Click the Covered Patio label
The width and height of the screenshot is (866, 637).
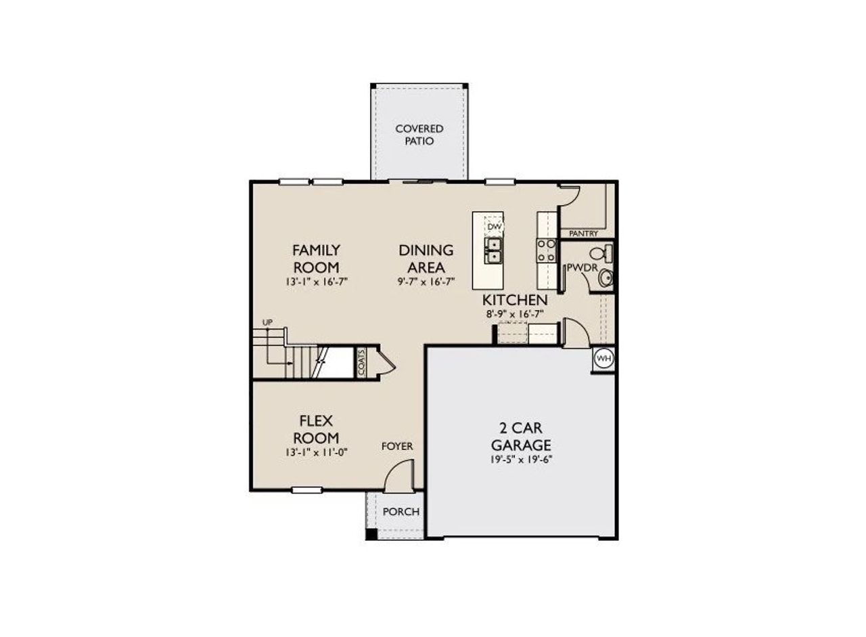pyautogui.click(x=419, y=135)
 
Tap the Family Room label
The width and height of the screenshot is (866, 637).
pyautogui.click(x=316, y=258)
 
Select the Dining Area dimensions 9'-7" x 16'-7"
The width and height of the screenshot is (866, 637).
pyautogui.click(x=426, y=281)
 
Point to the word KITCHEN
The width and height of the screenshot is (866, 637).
pyautogui.click(x=515, y=299)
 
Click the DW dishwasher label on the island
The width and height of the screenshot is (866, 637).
pyautogui.click(x=495, y=226)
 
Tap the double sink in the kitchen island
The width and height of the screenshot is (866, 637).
pyautogui.click(x=495, y=250)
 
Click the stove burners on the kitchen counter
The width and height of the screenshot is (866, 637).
pyautogui.click(x=545, y=250)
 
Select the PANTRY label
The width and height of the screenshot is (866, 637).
pyautogui.click(x=583, y=233)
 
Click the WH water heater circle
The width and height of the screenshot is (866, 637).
pyautogui.click(x=603, y=359)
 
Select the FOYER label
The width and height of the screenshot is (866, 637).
pyautogui.click(x=397, y=446)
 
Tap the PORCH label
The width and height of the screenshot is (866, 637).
pyautogui.click(x=401, y=512)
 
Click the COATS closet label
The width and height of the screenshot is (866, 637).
pyautogui.click(x=362, y=362)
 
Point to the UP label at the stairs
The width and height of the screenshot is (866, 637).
pyautogui.click(x=267, y=322)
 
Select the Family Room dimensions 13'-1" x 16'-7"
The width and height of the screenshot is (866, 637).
pyautogui.click(x=316, y=281)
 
